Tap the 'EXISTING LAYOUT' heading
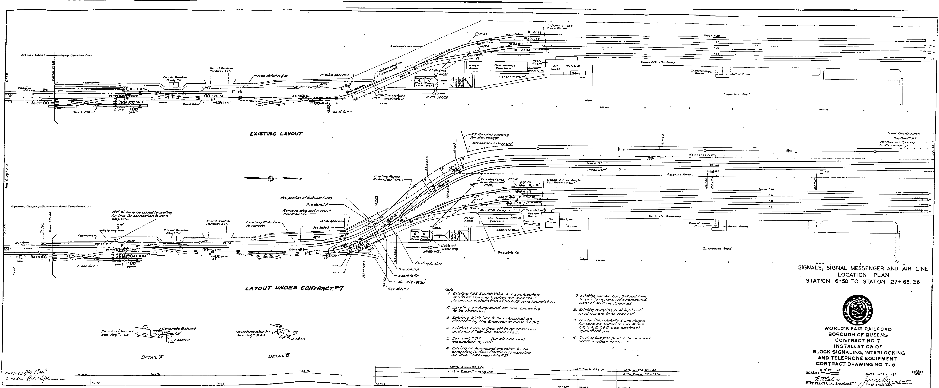click(276, 134)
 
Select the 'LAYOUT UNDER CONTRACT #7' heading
click(294, 288)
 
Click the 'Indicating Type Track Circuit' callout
click(559, 27)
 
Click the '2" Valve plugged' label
click(334, 75)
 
